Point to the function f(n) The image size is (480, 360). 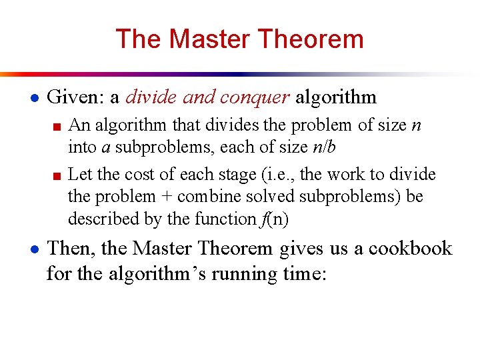(x=272, y=219)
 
